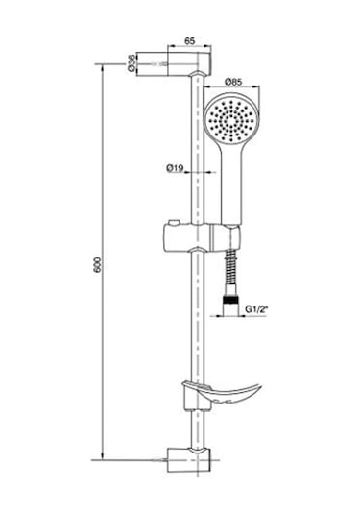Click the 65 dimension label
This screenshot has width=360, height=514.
click(189, 41)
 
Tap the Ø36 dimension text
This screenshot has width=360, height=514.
click(132, 62)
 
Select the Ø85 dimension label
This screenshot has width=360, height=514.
click(233, 82)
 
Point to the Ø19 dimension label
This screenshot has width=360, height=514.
click(175, 168)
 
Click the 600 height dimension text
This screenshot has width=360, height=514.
click(98, 265)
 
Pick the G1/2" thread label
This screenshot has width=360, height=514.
click(255, 309)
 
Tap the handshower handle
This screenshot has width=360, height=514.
click(232, 184)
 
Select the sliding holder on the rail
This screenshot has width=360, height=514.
click(187, 237)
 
